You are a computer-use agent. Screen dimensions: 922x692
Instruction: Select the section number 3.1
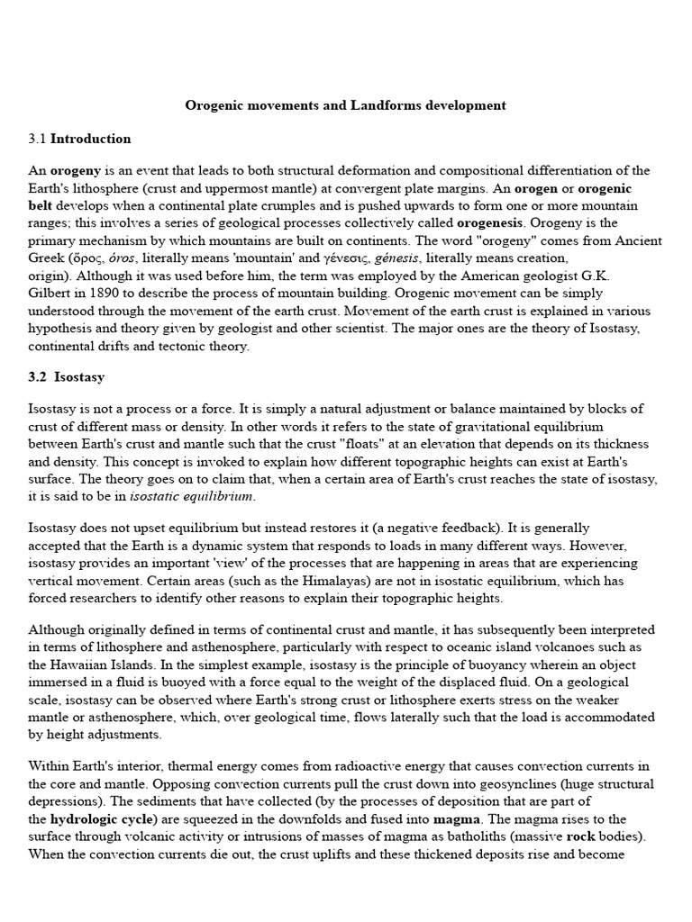pos(37,139)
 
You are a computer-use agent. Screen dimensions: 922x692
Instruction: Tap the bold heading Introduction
pos(90,139)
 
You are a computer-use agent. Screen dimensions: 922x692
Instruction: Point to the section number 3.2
pos(37,377)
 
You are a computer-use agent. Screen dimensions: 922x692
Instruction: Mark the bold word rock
pos(581,836)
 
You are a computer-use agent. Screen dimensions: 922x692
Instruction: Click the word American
pos(478,276)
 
